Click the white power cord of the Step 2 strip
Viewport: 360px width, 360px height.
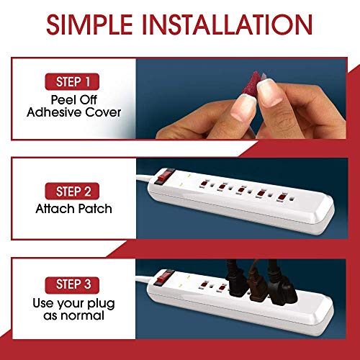coord(162,172)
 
